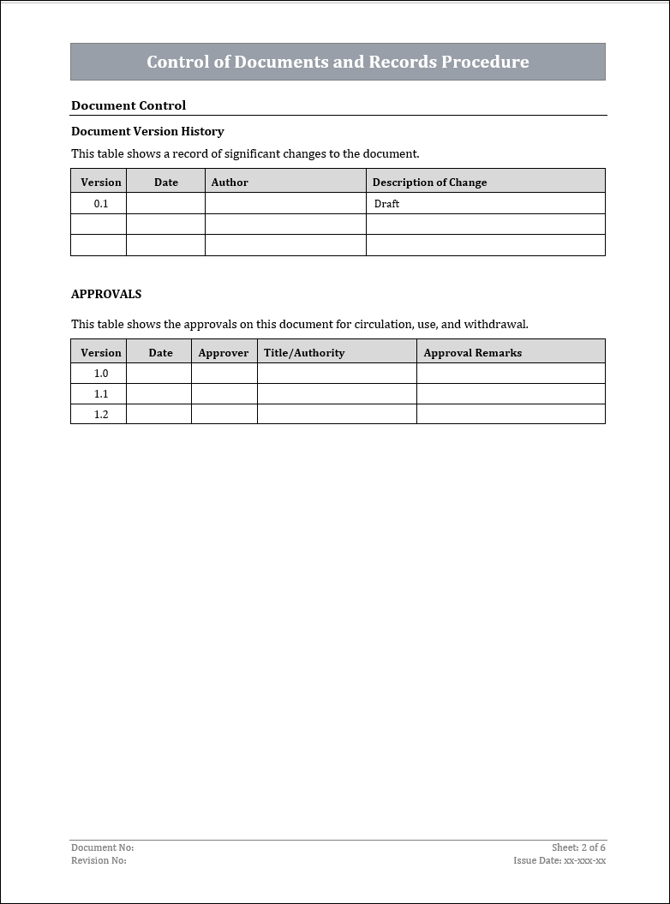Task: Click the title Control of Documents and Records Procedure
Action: coord(338,62)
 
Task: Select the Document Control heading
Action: coord(129,105)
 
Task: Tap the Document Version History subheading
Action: coord(147,131)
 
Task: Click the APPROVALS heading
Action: coord(106,294)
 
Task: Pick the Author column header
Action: coord(230,182)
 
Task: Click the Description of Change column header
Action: coord(429,182)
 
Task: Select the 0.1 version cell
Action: coord(101,204)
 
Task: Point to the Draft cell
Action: coord(386,204)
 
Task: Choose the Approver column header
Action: coord(224,352)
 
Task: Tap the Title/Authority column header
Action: coord(304,352)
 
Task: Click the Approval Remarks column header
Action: coord(472,352)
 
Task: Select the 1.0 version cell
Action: coord(101,374)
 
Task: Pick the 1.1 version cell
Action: coord(101,394)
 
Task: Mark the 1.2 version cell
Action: coord(101,414)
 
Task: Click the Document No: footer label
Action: coord(102,847)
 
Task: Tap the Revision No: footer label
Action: coord(99,860)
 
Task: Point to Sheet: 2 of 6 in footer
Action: coord(578,847)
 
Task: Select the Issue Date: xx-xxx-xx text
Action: coord(559,860)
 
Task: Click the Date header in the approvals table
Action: coord(160,352)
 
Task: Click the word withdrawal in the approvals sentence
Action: coord(495,324)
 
